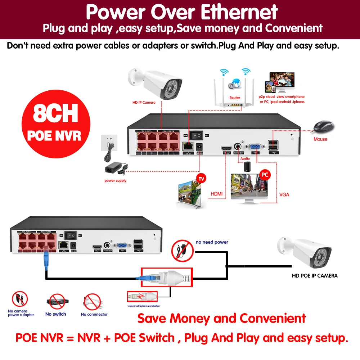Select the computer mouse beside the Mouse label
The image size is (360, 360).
(324, 127)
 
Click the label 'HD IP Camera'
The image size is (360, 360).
(144, 103)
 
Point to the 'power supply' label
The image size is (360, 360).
(115, 181)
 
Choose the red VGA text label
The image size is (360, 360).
(284, 195)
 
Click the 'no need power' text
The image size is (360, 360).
(212, 242)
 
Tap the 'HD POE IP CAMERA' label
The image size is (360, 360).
(314, 276)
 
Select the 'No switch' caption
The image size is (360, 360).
(56, 314)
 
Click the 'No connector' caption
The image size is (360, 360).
(94, 314)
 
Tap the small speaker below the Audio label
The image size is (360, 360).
(247, 166)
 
